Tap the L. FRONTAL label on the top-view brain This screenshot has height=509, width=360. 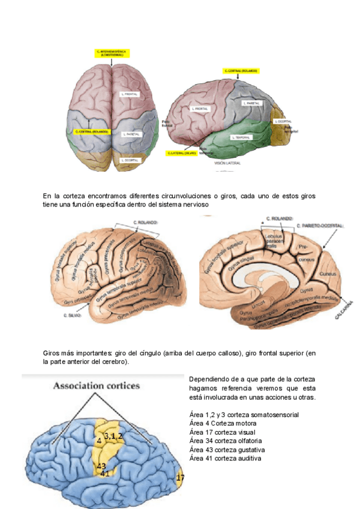130,94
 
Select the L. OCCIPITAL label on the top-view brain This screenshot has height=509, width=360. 130,160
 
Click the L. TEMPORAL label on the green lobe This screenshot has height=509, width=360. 243,137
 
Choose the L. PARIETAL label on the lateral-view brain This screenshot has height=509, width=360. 252,103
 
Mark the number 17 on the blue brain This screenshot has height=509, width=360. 179,477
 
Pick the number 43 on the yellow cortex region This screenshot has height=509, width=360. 101,466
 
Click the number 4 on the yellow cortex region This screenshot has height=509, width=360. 98,441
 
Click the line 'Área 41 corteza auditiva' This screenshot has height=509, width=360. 225,459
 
